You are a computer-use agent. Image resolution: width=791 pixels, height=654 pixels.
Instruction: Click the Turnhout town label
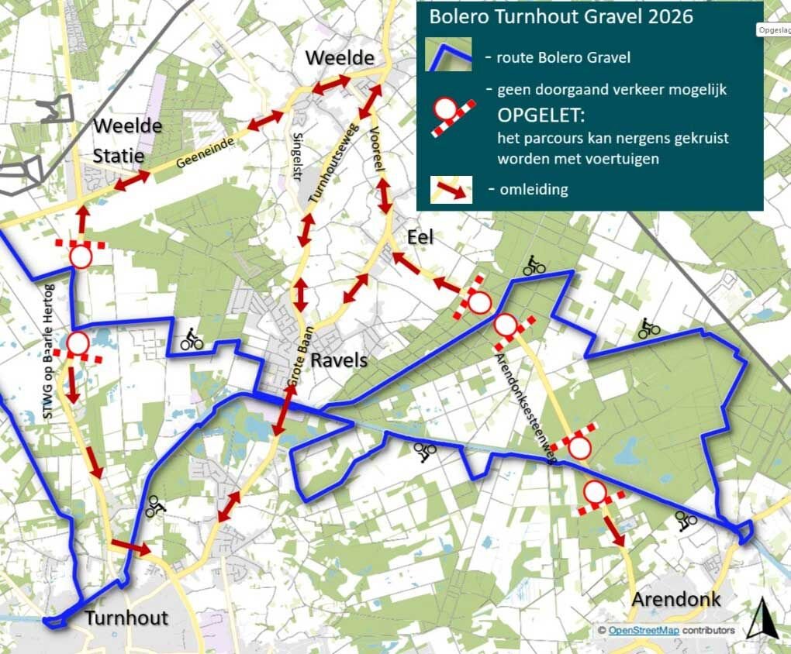coord(126,618)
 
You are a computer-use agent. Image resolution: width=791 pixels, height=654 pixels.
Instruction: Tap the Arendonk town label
coord(675,599)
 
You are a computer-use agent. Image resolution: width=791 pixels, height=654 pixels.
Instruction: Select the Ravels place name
coord(339,361)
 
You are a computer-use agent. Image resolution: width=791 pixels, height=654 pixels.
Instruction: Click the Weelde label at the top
coord(340,58)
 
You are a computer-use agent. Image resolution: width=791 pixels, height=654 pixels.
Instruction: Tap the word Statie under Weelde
coord(119,156)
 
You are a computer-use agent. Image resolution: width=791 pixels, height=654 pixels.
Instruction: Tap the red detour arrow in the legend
coord(452,188)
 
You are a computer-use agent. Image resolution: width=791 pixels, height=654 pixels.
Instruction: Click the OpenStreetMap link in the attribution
coord(643,631)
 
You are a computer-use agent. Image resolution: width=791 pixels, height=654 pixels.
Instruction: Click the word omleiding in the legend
coord(534,188)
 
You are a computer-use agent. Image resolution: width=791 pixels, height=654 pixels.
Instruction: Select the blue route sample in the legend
coord(449,56)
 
